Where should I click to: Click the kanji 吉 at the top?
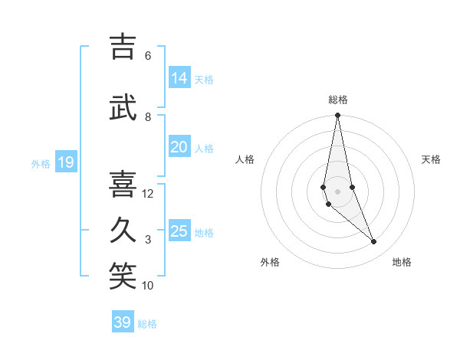tap(123, 47)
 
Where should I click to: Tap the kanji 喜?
tap(123, 185)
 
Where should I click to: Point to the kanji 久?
tap(123, 231)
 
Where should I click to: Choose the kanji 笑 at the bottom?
tap(123, 277)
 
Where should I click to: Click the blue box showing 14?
tap(179, 78)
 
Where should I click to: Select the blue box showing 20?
tap(179, 147)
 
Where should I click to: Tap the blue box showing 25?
tap(179, 231)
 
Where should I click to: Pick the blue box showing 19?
tap(66, 162)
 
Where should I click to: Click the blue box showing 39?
tap(123, 322)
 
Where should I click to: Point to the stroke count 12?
tap(148, 194)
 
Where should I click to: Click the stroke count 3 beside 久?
tap(148, 240)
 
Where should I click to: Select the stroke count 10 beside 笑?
tap(148, 286)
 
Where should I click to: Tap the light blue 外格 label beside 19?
tap(41, 163)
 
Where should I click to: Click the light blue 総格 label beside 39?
tap(147, 324)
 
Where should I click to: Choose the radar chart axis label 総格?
tap(338, 100)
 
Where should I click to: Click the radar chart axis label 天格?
tap(432, 159)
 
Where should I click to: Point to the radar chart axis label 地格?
tap(402, 262)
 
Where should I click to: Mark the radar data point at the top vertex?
tap(337, 116)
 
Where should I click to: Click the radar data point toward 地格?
tap(374, 242)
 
